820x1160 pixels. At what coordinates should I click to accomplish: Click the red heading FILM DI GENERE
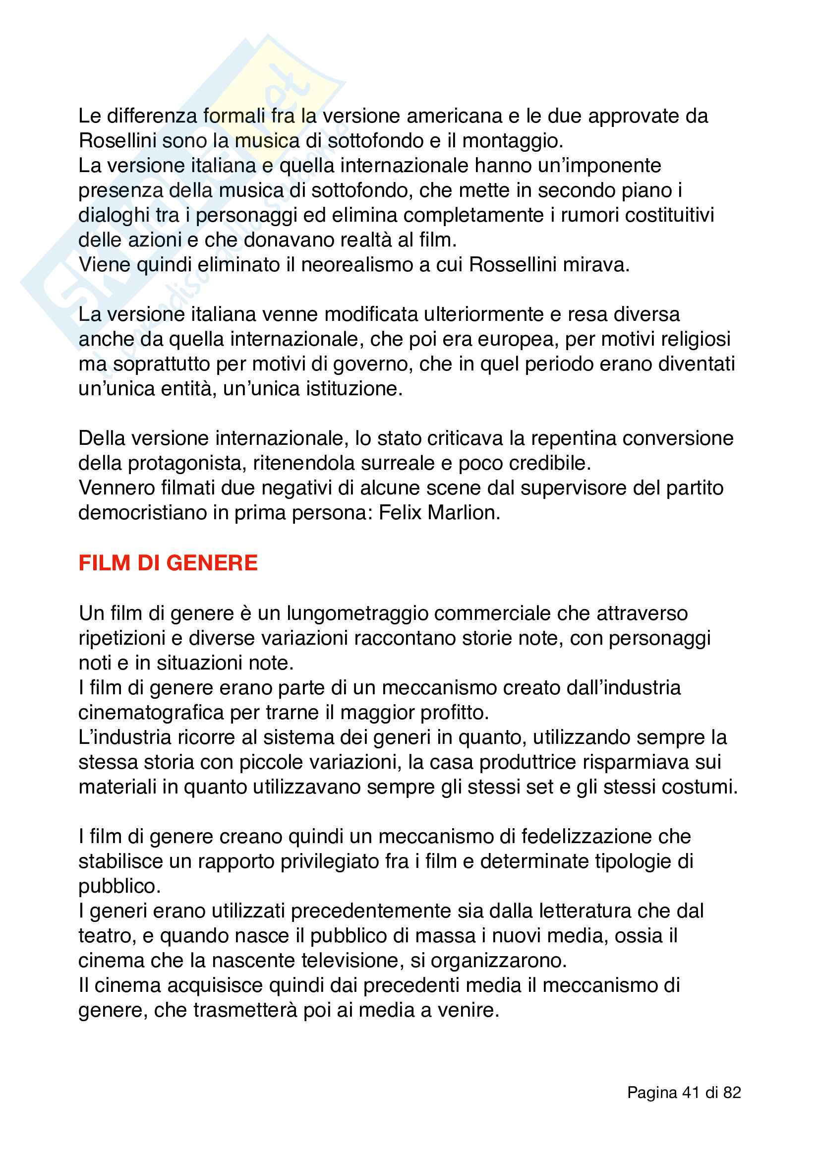(168, 563)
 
